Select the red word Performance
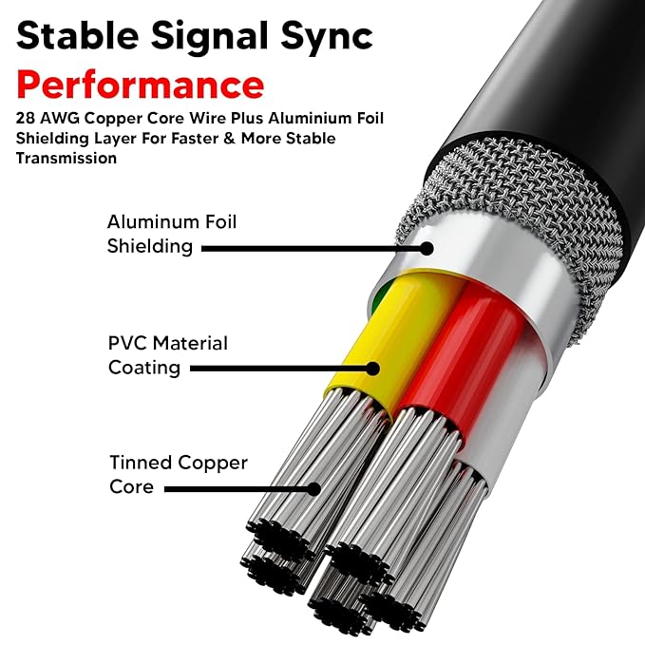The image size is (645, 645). [140, 85]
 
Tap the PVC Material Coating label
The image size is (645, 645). [167, 354]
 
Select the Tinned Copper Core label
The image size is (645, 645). [178, 475]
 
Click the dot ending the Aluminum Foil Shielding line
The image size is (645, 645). [427, 249]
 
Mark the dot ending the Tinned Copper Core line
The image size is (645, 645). [316, 489]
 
